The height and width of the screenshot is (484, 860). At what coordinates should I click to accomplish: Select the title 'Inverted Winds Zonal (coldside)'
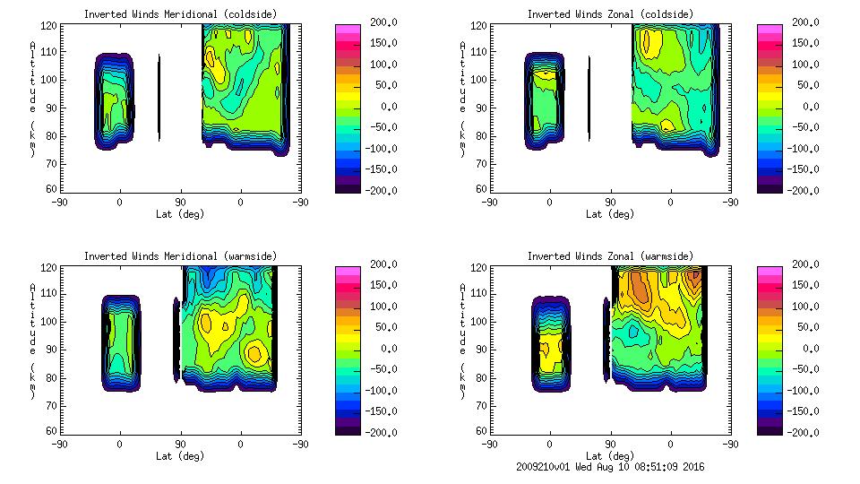[x=609, y=14]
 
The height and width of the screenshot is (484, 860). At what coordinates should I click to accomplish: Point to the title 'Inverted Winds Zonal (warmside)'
[x=609, y=256]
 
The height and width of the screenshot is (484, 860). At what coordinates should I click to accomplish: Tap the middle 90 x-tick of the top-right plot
[x=610, y=203]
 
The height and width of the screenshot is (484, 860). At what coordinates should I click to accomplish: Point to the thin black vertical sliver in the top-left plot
[x=159, y=99]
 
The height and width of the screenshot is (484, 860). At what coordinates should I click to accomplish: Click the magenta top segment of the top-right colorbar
[x=769, y=29]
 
